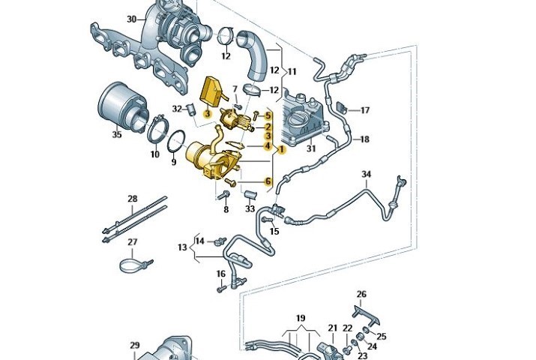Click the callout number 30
click(x=131, y=19)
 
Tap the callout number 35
click(x=116, y=136)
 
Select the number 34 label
click(x=366, y=175)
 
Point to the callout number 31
click(x=311, y=148)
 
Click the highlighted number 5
click(x=268, y=115)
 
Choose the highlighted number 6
click(x=268, y=181)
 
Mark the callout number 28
click(x=132, y=199)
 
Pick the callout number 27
click(x=132, y=242)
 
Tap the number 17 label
click(x=365, y=110)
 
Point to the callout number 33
click(x=250, y=208)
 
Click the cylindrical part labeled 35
click(x=120, y=105)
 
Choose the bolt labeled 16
click(x=221, y=288)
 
